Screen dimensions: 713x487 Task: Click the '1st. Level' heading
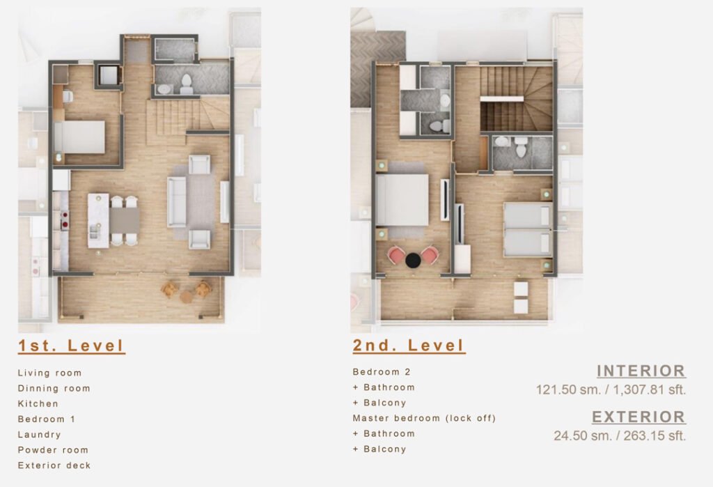[x=72, y=346]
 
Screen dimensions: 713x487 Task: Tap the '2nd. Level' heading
[x=409, y=345]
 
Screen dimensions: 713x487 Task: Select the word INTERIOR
[x=641, y=371]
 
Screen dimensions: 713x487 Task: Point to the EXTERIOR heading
[x=639, y=417]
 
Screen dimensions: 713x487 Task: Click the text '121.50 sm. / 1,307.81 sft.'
[x=611, y=390]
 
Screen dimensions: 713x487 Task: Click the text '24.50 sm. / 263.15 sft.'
[x=620, y=436]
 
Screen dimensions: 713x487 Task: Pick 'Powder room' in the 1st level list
[x=53, y=450]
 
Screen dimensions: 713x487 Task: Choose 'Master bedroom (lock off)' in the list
[x=424, y=418]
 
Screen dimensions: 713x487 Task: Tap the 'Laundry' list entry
[x=40, y=435]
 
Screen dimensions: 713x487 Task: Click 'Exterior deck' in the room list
[x=54, y=465]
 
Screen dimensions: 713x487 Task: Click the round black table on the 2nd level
[x=413, y=260]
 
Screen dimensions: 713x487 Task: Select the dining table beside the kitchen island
[x=124, y=220]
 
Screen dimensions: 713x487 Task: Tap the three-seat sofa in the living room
[x=177, y=201]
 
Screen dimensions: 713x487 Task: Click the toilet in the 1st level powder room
[x=187, y=84]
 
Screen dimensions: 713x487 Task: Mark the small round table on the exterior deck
[x=187, y=297]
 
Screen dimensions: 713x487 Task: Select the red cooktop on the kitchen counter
[x=64, y=219]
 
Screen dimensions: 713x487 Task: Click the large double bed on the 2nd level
[x=402, y=199]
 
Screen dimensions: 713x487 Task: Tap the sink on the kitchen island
[x=95, y=232]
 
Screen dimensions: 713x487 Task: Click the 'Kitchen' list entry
[x=38, y=403]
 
